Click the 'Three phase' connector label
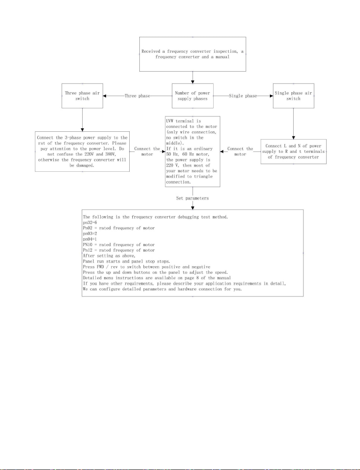point(138,96)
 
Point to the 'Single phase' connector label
point(243,96)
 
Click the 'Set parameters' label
point(192,198)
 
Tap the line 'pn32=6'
point(90,222)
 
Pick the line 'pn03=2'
point(90,234)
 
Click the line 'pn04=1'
point(90,239)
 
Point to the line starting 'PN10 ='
point(119,245)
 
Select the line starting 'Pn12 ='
point(119,250)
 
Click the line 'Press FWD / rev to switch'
point(147,267)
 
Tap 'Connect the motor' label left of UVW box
point(147,152)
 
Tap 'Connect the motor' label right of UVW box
point(240,152)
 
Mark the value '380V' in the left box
point(110,154)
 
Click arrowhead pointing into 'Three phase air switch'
point(105,96)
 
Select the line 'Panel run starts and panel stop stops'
point(126,261)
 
